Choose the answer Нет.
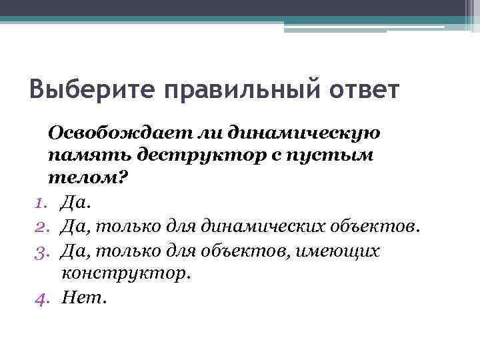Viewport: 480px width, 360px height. point(83,297)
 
